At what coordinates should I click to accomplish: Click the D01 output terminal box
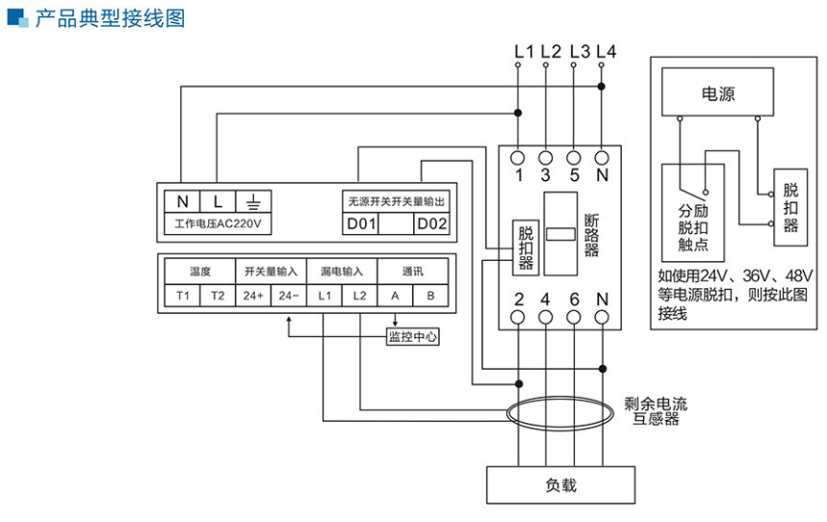click(361, 224)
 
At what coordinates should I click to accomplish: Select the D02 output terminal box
click(431, 224)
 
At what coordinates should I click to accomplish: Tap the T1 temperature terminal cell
click(183, 295)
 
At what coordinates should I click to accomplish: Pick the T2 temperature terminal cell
click(218, 295)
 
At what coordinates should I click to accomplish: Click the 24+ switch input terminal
click(253, 295)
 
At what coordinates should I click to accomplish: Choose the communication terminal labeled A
click(395, 295)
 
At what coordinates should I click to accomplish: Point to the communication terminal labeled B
click(430, 295)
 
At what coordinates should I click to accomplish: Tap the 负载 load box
click(560, 484)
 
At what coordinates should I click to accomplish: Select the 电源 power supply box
click(717, 94)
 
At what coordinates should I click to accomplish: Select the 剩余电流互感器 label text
click(656, 411)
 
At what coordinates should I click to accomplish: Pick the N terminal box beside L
click(183, 202)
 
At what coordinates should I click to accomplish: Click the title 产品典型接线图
click(109, 18)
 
